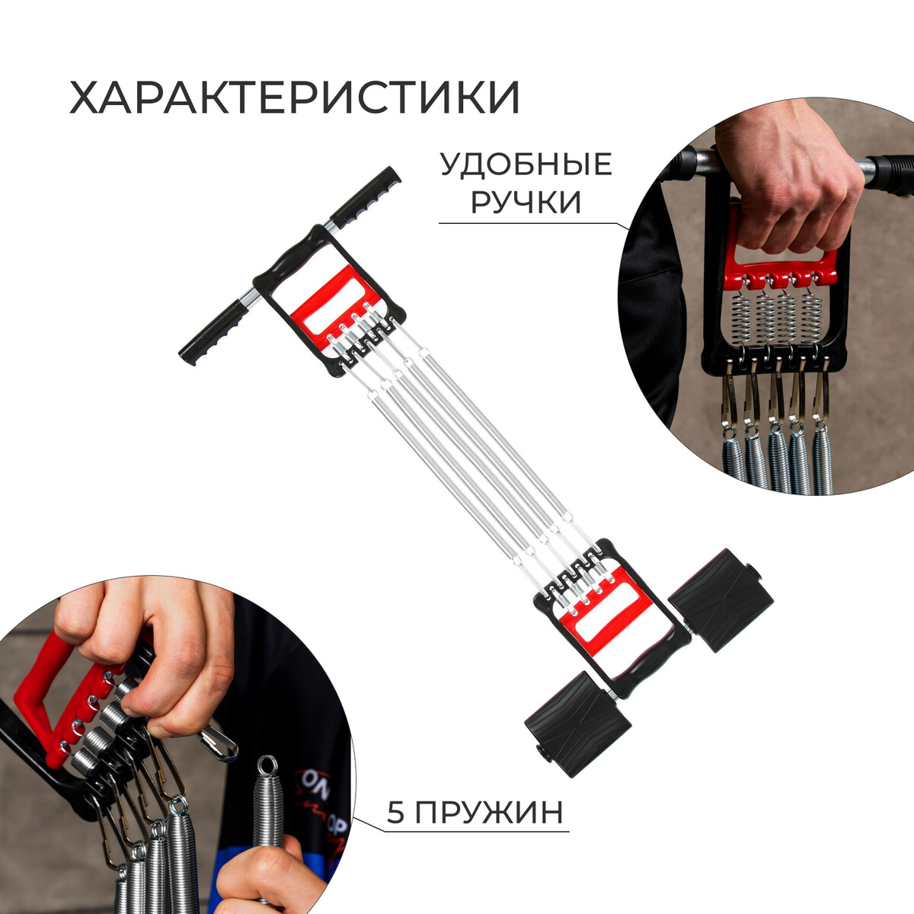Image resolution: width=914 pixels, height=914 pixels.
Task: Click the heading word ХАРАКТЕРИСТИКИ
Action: [x=295, y=97]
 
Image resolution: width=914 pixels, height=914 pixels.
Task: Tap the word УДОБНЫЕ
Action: [x=526, y=165]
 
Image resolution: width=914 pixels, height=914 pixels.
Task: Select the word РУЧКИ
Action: [x=526, y=203]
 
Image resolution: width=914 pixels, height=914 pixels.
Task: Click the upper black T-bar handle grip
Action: [x=366, y=196]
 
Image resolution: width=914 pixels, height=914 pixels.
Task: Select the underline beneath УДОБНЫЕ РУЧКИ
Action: [x=535, y=224]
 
